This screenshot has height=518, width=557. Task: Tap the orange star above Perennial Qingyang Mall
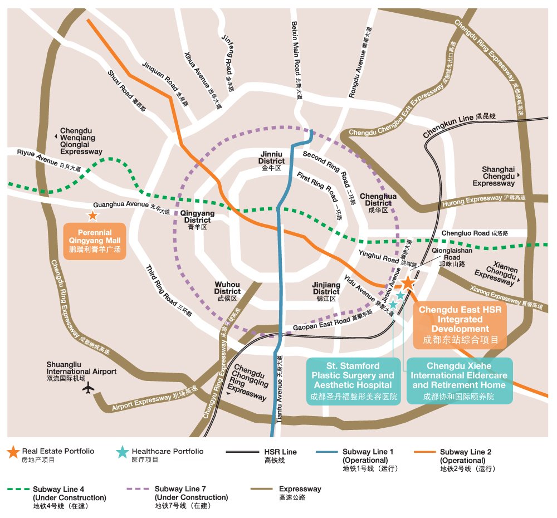[92, 216]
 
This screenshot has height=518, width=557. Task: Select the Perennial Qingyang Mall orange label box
[95, 241]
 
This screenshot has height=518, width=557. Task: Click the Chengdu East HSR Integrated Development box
[460, 325]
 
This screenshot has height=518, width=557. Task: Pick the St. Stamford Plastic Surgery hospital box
[354, 381]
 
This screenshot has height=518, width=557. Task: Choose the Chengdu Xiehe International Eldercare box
[460, 381]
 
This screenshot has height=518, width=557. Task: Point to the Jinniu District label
[271, 161]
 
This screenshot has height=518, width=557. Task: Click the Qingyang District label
[198, 220]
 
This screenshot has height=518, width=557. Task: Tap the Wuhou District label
[227, 291]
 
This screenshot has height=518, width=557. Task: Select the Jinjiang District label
[326, 292]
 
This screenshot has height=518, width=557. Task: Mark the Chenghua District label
[378, 203]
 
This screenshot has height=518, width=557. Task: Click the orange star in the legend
[13, 452]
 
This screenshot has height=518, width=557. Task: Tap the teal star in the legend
[123, 452]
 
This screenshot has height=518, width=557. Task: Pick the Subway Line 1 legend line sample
[327, 452]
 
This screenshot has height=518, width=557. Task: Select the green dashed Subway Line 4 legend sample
[18, 489]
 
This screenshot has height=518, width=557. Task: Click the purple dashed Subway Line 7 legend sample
[137, 489]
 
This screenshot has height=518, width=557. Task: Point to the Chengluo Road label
[475, 233]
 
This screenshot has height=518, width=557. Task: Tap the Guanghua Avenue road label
[131, 207]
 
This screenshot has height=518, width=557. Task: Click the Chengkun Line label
[459, 125]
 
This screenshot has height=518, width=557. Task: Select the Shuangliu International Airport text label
[81, 372]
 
